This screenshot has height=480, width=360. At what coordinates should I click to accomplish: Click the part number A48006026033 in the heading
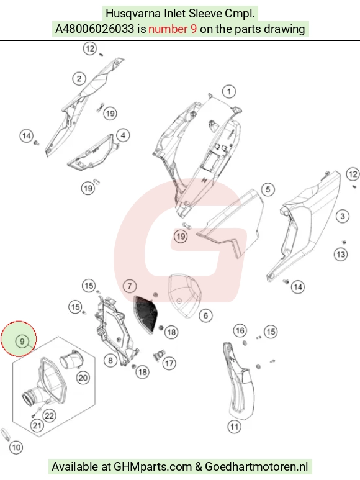click(x=94, y=29)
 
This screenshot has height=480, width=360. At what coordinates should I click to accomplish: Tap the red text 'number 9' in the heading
click(x=173, y=29)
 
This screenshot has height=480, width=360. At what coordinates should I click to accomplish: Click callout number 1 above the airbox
click(x=229, y=91)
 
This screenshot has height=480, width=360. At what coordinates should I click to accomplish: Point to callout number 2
click(x=79, y=79)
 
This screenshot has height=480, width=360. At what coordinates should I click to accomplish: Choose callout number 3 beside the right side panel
click(x=342, y=216)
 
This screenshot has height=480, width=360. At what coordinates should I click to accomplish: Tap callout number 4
click(x=123, y=135)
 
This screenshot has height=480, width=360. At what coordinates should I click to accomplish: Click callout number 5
click(x=268, y=189)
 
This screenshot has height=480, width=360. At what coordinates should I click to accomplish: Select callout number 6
click(x=205, y=315)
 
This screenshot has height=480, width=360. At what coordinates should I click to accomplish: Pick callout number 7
click(x=130, y=286)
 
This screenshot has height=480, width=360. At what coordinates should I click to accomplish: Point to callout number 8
click(x=110, y=360)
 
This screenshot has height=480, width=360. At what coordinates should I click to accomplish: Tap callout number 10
click(x=16, y=448)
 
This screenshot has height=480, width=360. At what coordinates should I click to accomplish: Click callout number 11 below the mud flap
click(x=234, y=427)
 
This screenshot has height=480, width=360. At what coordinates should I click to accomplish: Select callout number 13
click(x=341, y=255)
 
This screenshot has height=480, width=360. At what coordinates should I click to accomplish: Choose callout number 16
click(x=240, y=330)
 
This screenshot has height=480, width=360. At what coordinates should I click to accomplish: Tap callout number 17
click(x=169, y=363)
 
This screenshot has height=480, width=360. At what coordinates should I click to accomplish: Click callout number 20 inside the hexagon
click(x=83, y=378)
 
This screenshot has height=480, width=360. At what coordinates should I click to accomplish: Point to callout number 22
click(x=49, y=415)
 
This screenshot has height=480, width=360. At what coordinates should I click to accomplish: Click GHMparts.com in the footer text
click(x=153, y=467)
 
